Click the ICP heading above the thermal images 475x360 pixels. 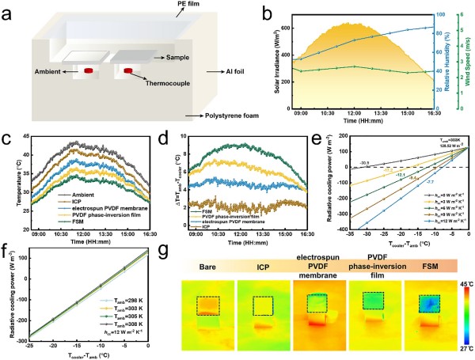[264, 261]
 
